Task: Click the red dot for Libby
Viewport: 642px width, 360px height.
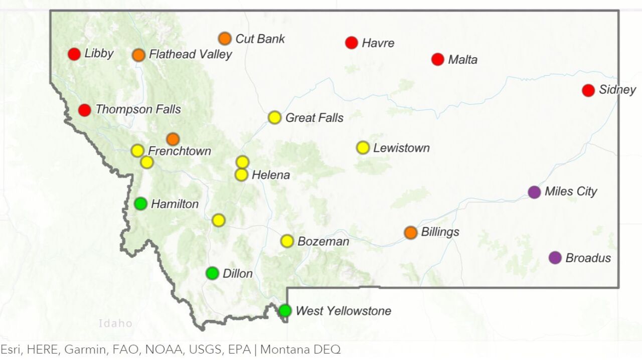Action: click(74, 54)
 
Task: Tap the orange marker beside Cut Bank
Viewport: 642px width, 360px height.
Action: click(225, 39)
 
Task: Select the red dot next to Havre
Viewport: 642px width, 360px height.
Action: click(352, 43)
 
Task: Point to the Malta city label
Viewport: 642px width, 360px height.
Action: click(462, 60)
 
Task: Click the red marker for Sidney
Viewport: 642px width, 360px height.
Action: click(588, 90)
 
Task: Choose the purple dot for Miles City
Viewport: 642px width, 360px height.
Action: click(535, 192)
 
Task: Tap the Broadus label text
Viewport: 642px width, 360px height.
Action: click(588, 258)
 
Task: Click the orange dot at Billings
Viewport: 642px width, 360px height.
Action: click(411, 233)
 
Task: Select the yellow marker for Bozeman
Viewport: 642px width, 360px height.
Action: click(287, 241)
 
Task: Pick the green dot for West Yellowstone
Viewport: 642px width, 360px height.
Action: click(285, 311)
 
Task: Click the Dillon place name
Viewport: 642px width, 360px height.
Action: click(237, 274)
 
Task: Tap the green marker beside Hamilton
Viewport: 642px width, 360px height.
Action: click(141, 204)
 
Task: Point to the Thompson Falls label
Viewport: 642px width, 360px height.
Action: click(138, 109)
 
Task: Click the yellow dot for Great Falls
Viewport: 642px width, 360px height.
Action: click(274, 118)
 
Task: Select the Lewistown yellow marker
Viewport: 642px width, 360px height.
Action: click(363, 148)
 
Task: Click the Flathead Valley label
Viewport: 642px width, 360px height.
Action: click(190, 54)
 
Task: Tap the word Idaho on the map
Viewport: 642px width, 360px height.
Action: click(115, 323)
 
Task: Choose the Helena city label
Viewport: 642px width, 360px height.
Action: click(271, 175)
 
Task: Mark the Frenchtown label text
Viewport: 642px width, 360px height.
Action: click(180, 151)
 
